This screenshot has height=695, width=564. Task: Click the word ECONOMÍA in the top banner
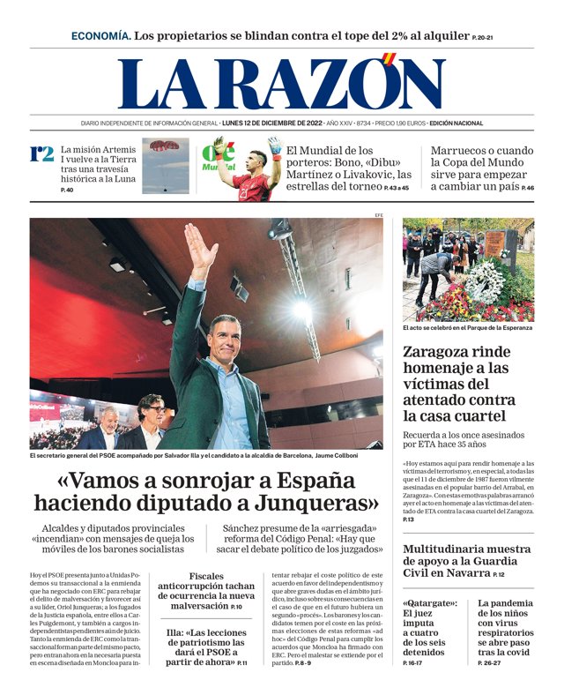click(x=100, y=36)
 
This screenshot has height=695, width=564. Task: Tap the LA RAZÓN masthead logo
click(x=281, y=84)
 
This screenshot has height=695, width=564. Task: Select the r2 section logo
click(x=41, y=153)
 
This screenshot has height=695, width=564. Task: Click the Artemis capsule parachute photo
click(x=165, y=165)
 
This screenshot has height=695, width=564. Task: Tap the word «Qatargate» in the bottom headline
click(x=429, y=603)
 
